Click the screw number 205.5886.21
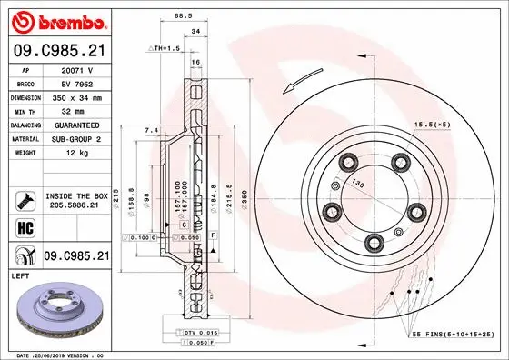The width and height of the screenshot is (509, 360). point(76,205)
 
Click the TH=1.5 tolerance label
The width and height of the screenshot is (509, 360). point(168,46)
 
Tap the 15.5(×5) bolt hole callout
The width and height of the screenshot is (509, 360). point(431,124)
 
